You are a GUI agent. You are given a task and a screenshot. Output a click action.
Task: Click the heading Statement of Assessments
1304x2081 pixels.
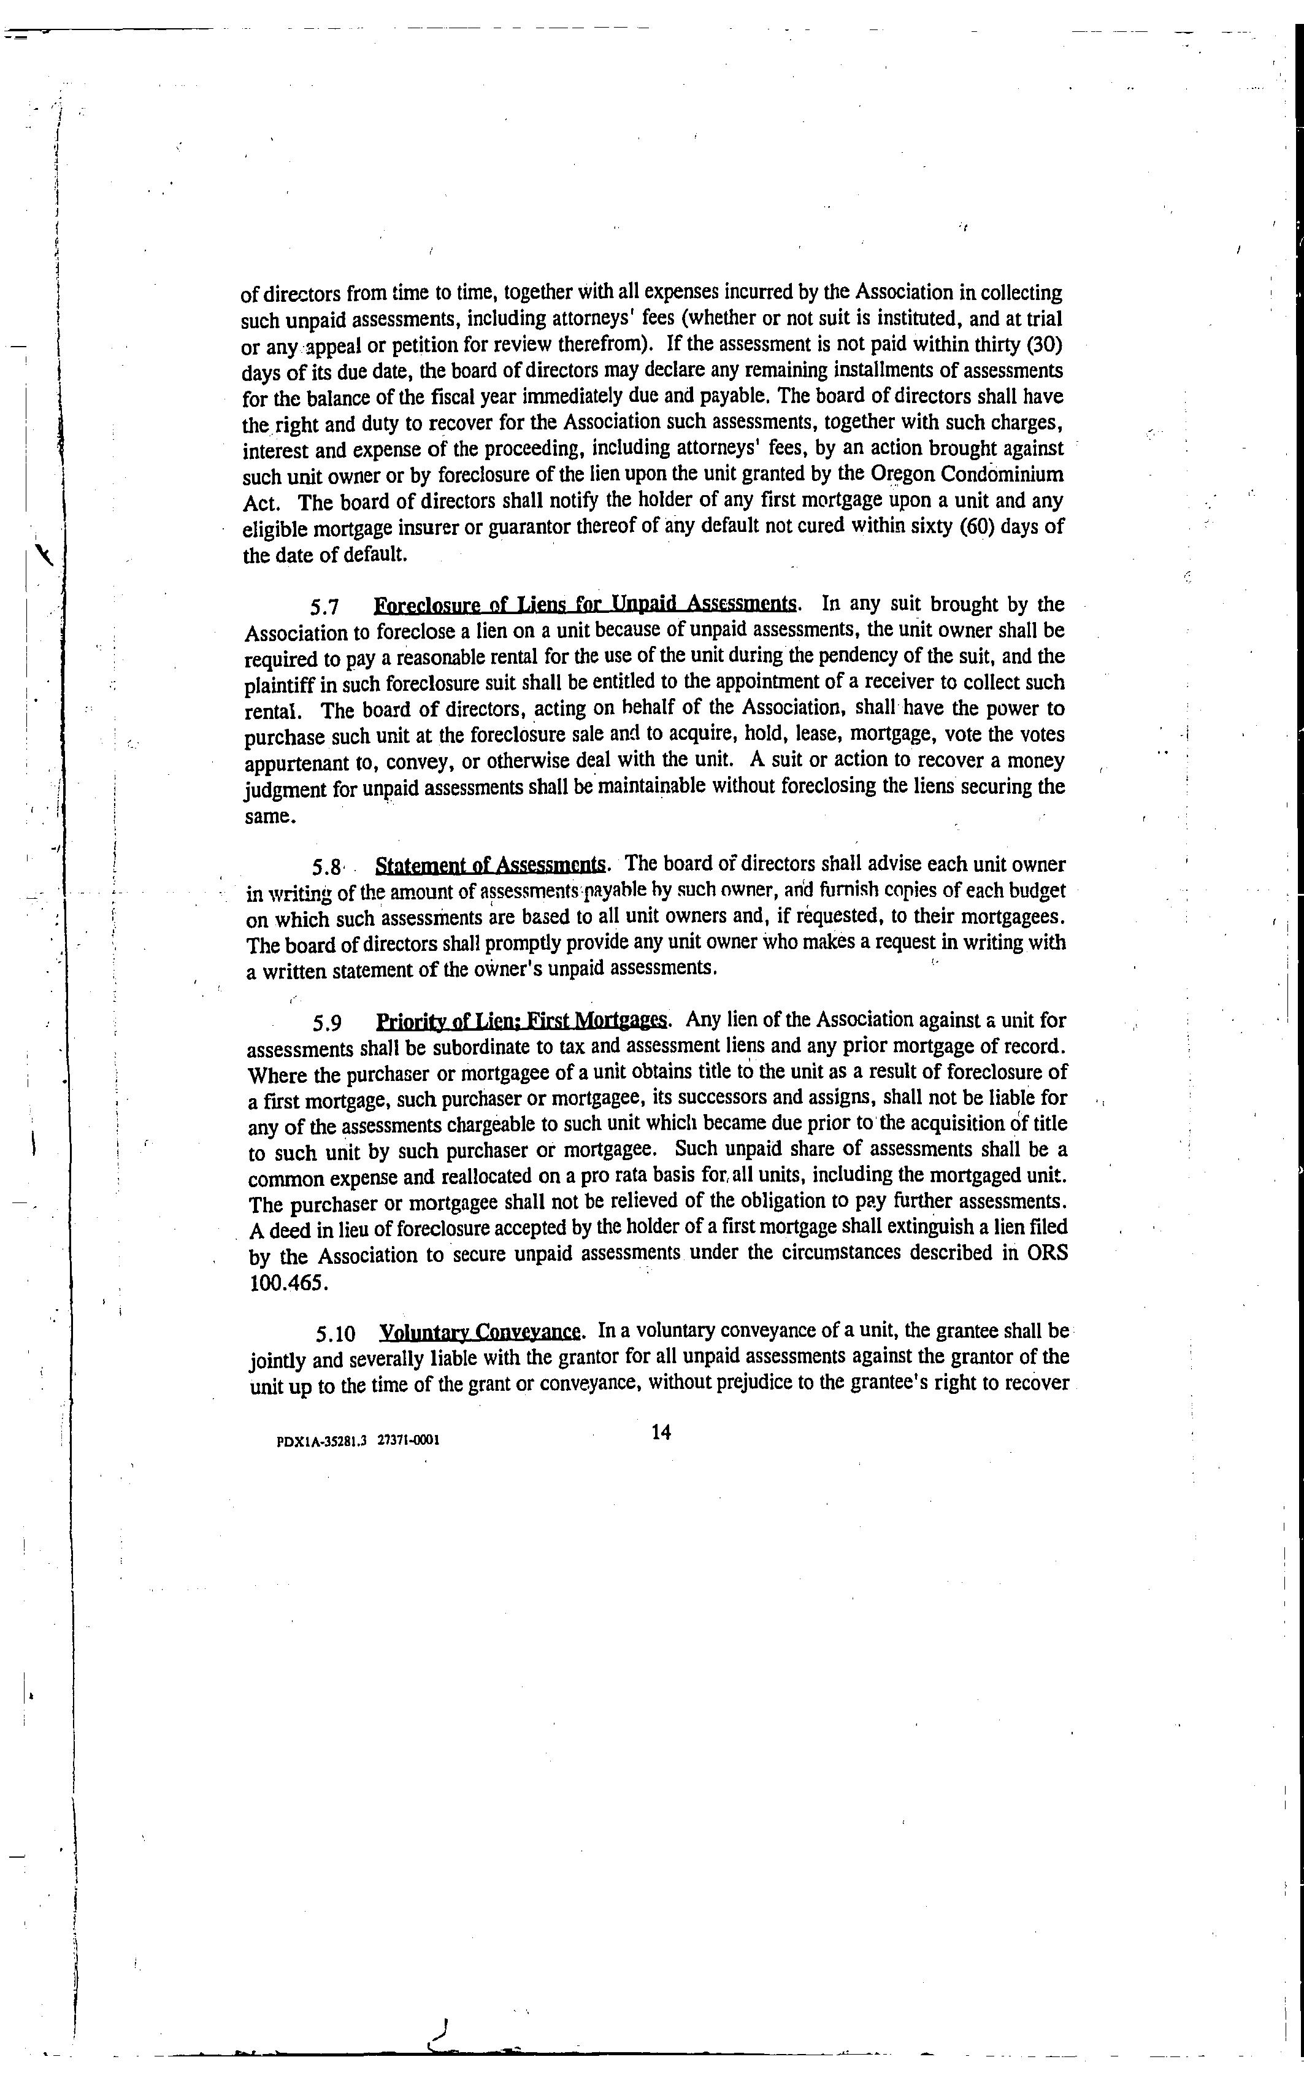point(491,865)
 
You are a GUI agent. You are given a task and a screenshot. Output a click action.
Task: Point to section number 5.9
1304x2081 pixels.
point(328,1023)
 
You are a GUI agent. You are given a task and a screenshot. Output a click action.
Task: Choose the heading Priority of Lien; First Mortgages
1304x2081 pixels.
point(522,1021)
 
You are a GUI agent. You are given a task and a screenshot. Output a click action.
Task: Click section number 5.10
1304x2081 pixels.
point(336,1334)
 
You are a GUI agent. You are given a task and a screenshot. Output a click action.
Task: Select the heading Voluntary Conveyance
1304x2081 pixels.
point(480,1333)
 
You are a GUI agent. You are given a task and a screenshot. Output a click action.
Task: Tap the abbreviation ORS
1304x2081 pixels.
point(1047,1253)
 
